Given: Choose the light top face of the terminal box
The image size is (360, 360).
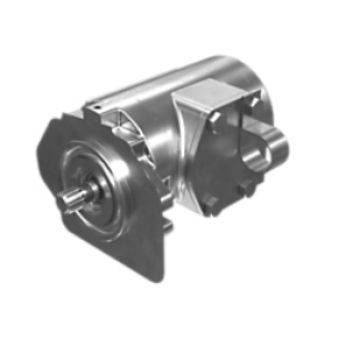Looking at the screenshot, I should coord(215,95).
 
